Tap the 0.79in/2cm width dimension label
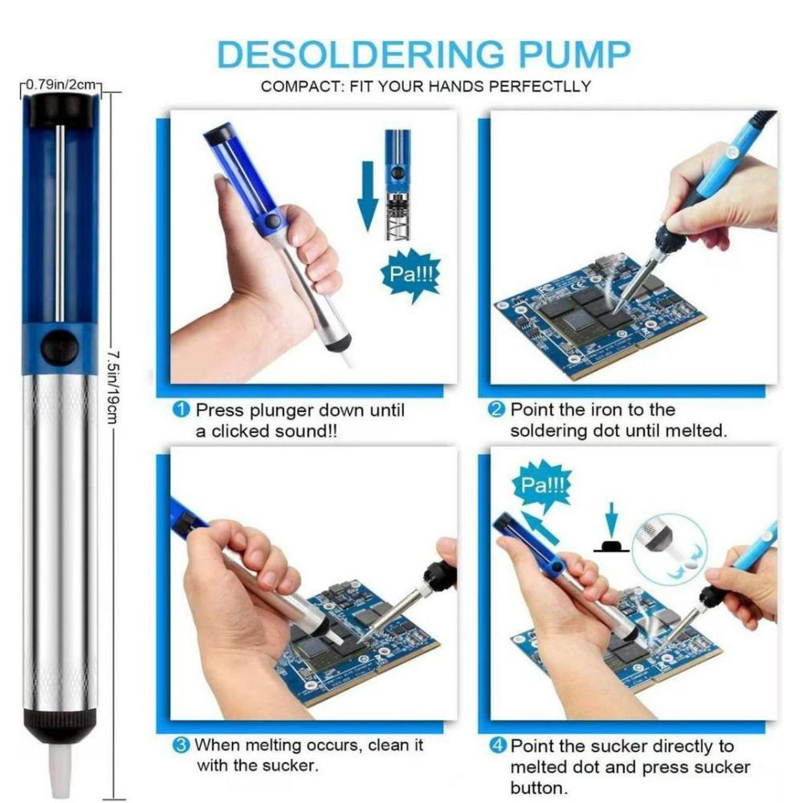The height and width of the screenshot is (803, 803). [63, 84]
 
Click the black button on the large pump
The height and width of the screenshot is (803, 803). [60, 347]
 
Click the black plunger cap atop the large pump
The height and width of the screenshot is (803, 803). [61, 109]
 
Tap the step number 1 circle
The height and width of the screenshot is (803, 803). [182, 410]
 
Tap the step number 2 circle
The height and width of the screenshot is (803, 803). [498, 410]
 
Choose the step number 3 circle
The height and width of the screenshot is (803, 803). [182, 745]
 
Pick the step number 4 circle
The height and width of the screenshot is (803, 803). [498, 747]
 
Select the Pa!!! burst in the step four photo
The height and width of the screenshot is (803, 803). [541, 486]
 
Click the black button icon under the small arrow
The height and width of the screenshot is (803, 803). [611, 546]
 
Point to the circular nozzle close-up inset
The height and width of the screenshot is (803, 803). [668, 547]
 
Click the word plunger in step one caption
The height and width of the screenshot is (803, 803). [281, 411]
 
